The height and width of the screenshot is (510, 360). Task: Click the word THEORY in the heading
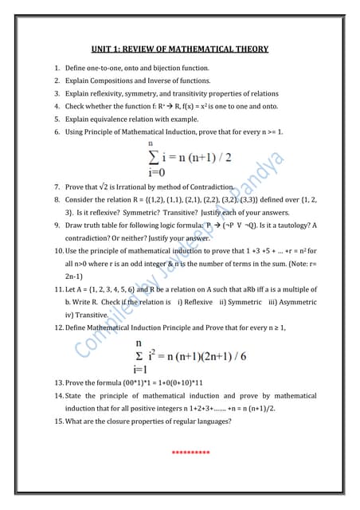(248, 49)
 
